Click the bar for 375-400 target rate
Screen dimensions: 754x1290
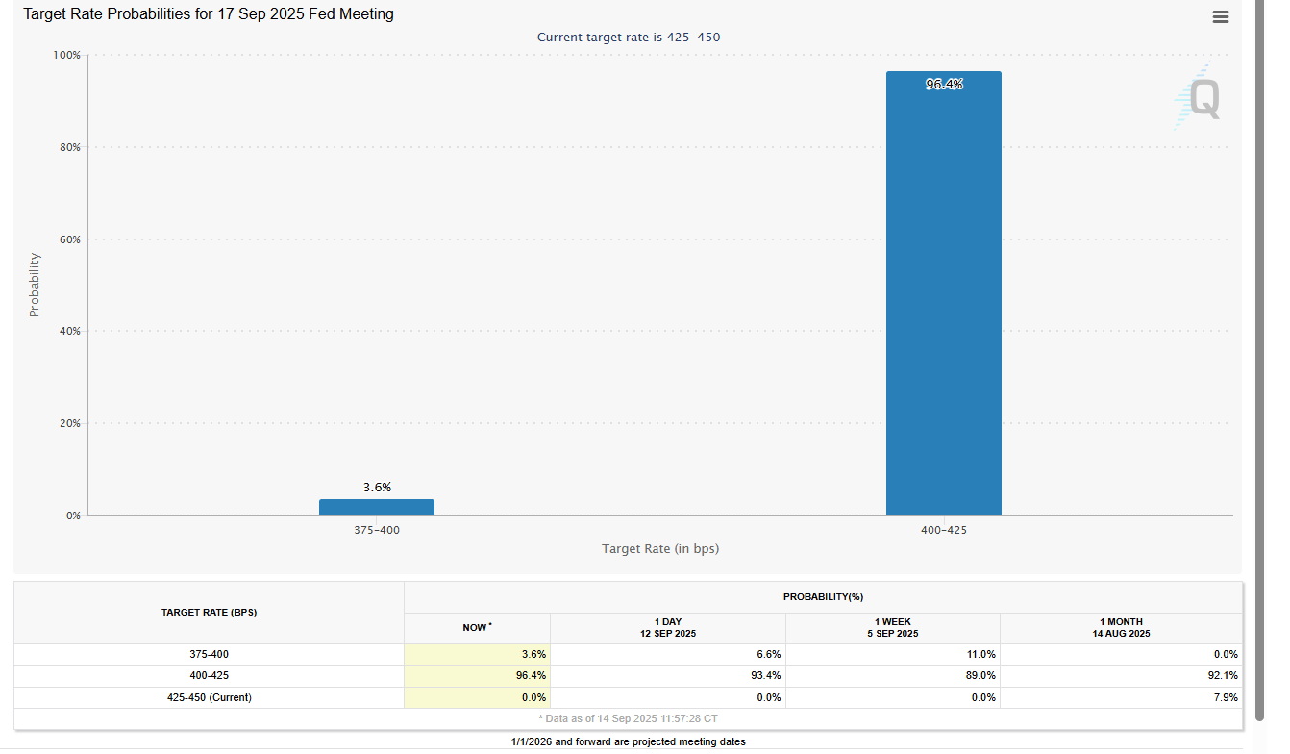pos(376,507)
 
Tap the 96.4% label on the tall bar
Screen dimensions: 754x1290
pos(943,85)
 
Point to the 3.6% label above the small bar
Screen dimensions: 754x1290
pos(377,488)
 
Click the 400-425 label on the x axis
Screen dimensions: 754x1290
pos(943,530)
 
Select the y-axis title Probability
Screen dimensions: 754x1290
pos(35,285)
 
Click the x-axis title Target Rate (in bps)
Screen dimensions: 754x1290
pos(660,549)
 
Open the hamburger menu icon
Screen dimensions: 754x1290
pos(1221,16)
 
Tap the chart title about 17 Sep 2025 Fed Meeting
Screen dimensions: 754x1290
pos(209,14)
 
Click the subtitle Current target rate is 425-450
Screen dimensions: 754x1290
pos(628,38)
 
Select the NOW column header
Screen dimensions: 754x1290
pos(477,628)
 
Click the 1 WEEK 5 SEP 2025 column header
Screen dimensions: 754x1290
pos(892,628)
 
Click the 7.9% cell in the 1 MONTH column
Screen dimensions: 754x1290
pos(1225,697)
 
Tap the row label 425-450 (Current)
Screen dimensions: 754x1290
pos(209,697)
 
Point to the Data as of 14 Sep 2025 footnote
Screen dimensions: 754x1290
pos(628,718)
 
